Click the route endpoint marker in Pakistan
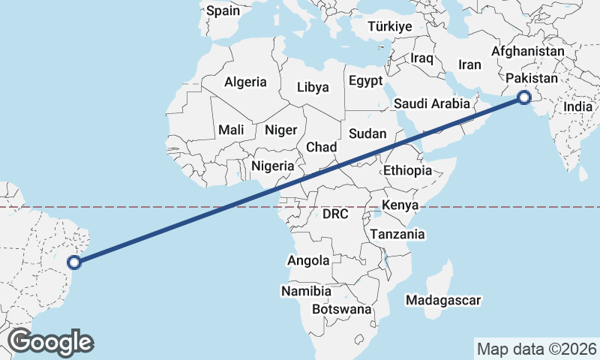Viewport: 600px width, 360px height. point(524,97)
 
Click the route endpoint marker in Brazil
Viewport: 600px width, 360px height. point(74,262)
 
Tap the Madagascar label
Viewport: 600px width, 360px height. point(442,300)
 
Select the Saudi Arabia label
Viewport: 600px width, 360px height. point(431,103)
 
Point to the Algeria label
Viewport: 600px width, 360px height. point(246,82)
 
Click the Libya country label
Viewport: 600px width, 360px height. point(313,87)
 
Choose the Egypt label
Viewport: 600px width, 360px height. point(365,80)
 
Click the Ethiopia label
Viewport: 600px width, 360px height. point(407,170)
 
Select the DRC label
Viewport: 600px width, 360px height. point(335,214)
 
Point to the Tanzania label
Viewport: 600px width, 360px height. point(397,234)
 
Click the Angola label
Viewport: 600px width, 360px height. point(308,261)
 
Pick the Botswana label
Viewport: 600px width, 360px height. point(342,309)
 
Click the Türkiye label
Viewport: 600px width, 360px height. point(390,27)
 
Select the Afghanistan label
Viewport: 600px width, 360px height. point(528,52)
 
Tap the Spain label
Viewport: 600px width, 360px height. point(223,10)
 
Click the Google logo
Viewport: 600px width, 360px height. point(51,342)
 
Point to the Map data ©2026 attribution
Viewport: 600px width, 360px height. point(537,349)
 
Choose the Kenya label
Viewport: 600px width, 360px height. point(400,205)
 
